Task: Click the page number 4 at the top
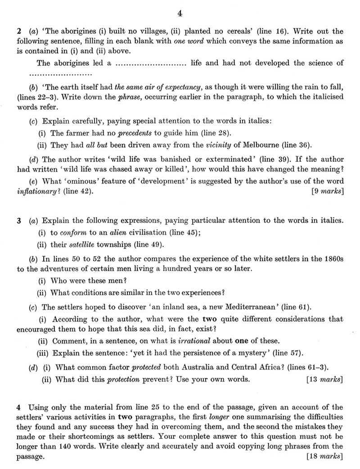pyautogui.click(x=180, y=14)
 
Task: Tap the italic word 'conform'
pyautogui.click(x=73, y=232)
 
